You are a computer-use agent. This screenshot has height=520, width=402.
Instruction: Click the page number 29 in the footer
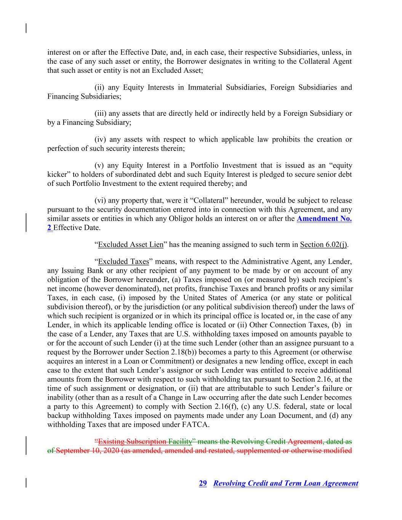point(203,483)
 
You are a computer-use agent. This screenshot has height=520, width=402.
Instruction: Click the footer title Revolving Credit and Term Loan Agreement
point(286,483)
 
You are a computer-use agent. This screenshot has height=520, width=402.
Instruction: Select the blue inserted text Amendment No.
point(324,219)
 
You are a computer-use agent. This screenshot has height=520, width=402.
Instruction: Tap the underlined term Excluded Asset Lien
point(131,245)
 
